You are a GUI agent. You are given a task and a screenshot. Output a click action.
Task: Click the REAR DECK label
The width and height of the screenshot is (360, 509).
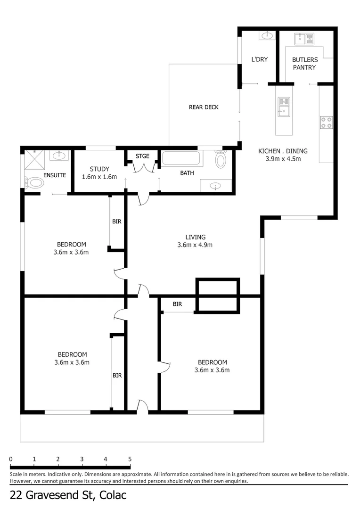[204, 107]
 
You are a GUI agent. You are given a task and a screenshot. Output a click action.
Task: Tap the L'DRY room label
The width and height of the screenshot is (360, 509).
[259, 60]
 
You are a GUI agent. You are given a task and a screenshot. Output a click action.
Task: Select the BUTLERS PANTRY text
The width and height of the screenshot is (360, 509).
[305, 64]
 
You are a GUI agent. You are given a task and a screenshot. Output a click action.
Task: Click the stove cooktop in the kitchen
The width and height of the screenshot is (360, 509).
[326, 123]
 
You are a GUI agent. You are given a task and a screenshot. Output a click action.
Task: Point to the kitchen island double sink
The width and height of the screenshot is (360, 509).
[284, 107]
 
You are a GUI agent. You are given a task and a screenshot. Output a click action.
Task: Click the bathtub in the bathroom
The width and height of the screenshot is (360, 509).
[181, 158]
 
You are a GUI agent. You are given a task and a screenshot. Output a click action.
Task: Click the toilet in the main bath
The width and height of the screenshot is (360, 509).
[221, 159]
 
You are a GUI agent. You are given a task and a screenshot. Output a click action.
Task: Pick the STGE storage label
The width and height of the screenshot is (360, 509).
[142, 156]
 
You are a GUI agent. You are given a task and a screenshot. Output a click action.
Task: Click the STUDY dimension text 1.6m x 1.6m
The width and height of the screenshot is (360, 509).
[99, 177]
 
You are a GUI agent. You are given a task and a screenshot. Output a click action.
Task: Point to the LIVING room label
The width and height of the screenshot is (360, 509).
[195, 237]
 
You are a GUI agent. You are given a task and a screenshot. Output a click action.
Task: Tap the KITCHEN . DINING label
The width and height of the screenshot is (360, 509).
[283, 151]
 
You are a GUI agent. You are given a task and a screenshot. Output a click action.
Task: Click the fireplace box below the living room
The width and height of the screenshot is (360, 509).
[217, 295]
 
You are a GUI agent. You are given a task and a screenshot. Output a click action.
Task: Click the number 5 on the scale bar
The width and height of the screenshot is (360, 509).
[130, 459]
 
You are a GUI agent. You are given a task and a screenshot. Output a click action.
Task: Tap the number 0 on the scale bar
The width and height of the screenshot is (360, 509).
[10, 459]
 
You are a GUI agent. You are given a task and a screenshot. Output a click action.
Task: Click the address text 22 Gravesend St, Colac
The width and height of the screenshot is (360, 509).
[68, 495]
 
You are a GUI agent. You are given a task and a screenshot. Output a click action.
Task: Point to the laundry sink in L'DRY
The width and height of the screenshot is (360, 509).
[267, 36]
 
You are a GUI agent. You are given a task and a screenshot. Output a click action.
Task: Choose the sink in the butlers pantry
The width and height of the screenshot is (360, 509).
[304, 39]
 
